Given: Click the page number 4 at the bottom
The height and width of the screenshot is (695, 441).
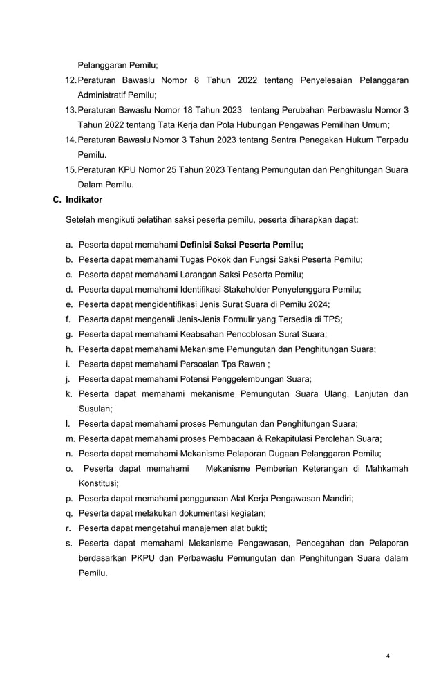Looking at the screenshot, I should [388, 655].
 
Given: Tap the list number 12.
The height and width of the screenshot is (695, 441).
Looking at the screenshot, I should [70, 80].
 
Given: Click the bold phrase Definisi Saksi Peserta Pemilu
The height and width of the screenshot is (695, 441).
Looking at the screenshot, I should [241, 244].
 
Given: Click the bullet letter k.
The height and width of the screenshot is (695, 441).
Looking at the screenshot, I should [69, 394].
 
